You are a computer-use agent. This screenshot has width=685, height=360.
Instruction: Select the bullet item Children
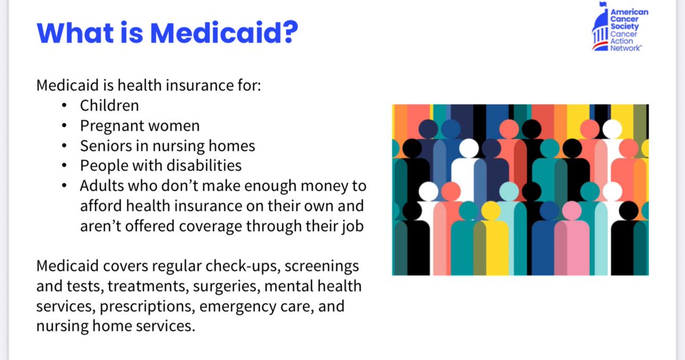[x=109, y=106]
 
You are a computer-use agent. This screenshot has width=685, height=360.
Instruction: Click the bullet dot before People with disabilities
[x=67, y=165]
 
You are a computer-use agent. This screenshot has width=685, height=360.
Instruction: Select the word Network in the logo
[x=626, y=49]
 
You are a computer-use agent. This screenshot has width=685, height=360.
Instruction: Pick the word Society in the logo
[x=624, y=26]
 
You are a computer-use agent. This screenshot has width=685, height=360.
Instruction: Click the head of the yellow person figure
[x=490, y=210]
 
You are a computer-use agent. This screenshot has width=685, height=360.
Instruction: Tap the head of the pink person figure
[x=571, y=211]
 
